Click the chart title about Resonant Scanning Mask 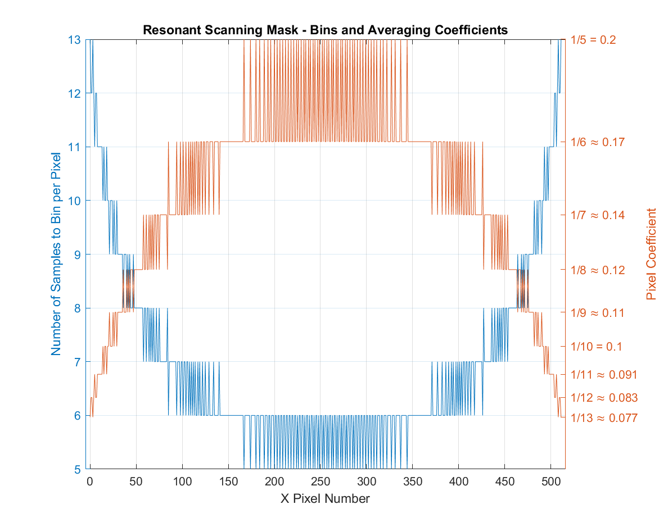tap(325, 30)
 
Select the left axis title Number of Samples tap(56, 254)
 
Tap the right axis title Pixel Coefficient tap(651, 254)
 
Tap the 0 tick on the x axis tap(89, 481)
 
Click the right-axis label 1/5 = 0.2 tap(593, 40)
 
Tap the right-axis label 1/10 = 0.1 tap(596, 347)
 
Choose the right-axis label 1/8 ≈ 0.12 tap(598, 270)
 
